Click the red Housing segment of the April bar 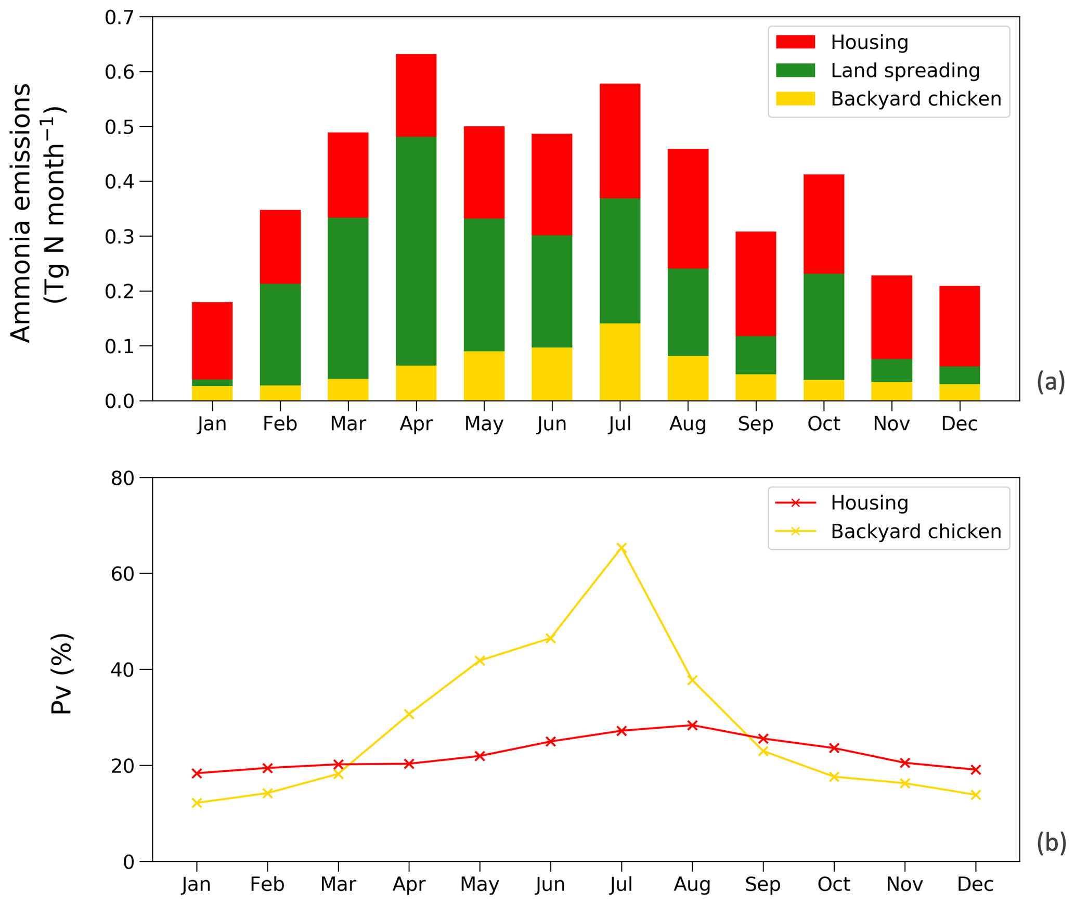(416, 95)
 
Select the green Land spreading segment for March (348, 298)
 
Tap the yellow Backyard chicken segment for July (620, 362)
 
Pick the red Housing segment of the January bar (212, 341)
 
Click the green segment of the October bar (824, 327)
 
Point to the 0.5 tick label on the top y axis (119, 127)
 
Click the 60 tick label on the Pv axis (122, 574)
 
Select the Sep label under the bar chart (756, 424)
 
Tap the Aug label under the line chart (692, 884)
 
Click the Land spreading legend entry (905, 70)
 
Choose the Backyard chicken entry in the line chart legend (915, 532)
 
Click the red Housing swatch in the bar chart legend (795, 42)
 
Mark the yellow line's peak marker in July (621, 547)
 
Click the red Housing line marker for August (692, 726)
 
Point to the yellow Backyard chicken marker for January (197, 803)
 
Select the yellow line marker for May (480, 661)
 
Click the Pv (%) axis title (61, 674)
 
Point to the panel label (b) (1051, 842)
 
